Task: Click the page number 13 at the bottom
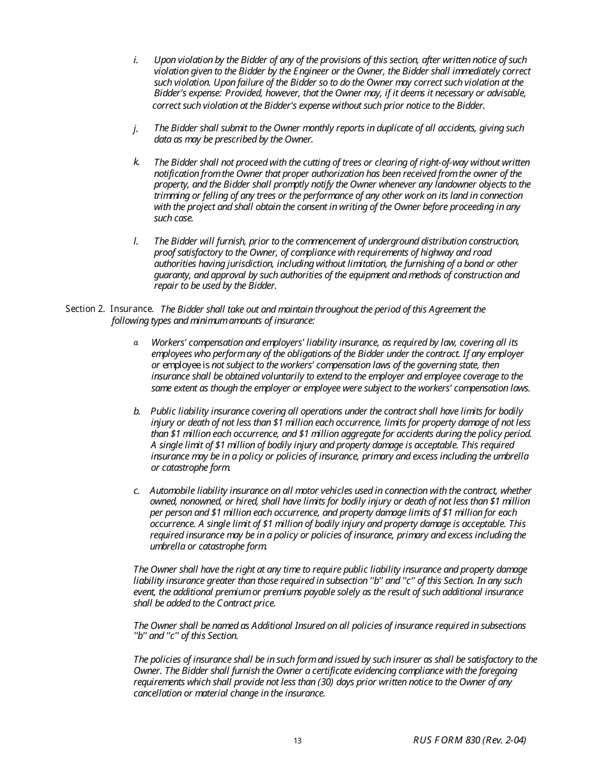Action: (298, 741)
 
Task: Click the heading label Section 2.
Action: (85, 309)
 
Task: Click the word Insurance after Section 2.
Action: (131, 309)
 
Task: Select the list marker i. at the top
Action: (136, 60)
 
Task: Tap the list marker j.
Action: (136, 128)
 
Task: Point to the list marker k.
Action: (136, 162)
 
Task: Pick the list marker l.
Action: (136, 241)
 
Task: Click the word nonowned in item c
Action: (199, 501)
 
